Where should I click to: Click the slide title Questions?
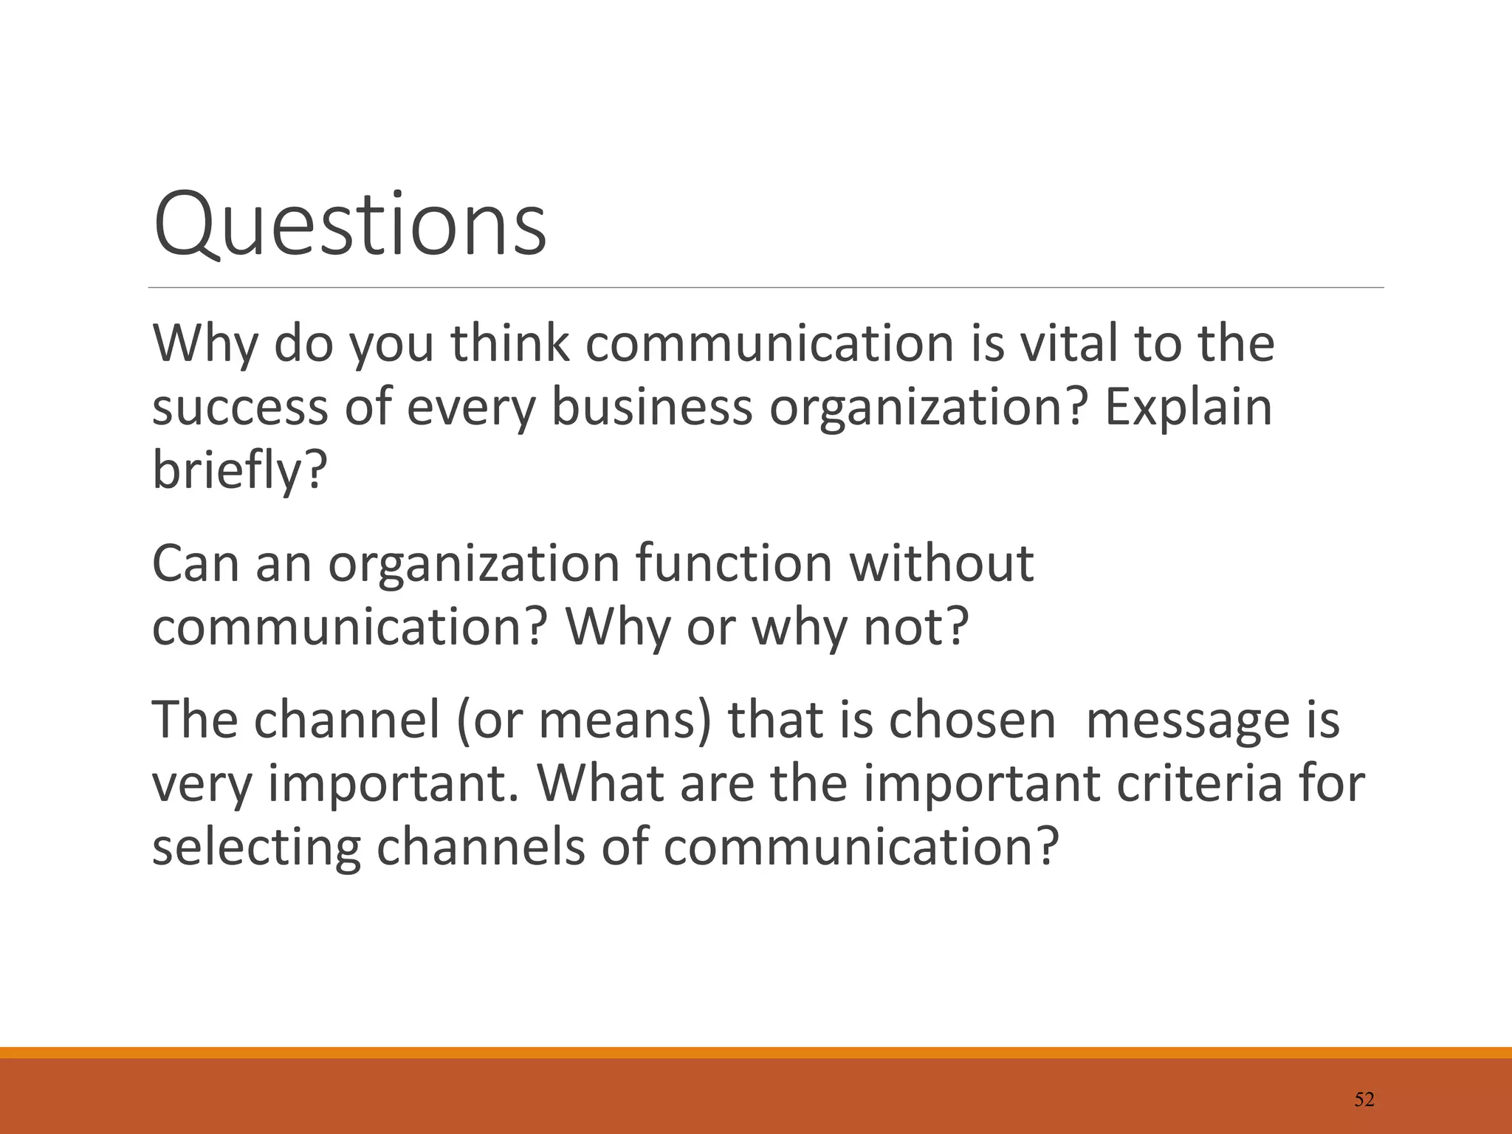(x=349, y=224)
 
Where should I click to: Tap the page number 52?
(x=1364, y=1100)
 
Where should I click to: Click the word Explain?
(x=1188, y=408)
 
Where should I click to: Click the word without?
(x=941, y=564)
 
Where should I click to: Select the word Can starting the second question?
(x=195, y=564)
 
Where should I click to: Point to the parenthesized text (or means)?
(x=583, y=720)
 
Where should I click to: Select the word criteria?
(x=1199, y=783)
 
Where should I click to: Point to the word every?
(x=470, y=408)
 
